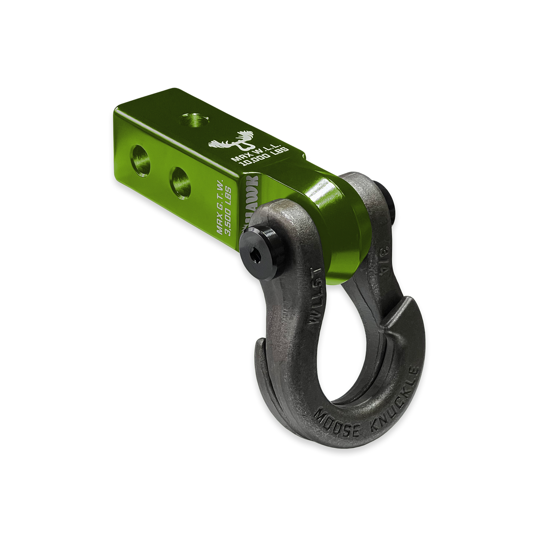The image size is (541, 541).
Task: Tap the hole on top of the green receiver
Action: click(x=194, y=121)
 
